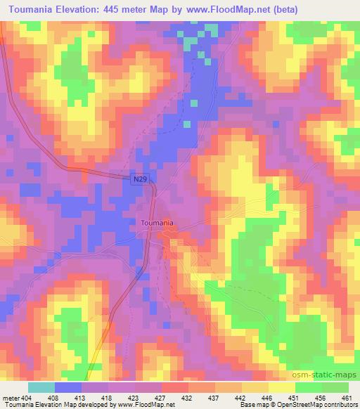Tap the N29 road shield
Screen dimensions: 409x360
pos(140,181)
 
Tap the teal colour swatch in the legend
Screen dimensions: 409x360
pos(41,387)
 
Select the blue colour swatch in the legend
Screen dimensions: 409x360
pos(68,387)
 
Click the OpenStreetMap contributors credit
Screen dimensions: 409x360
pos(319,404)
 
